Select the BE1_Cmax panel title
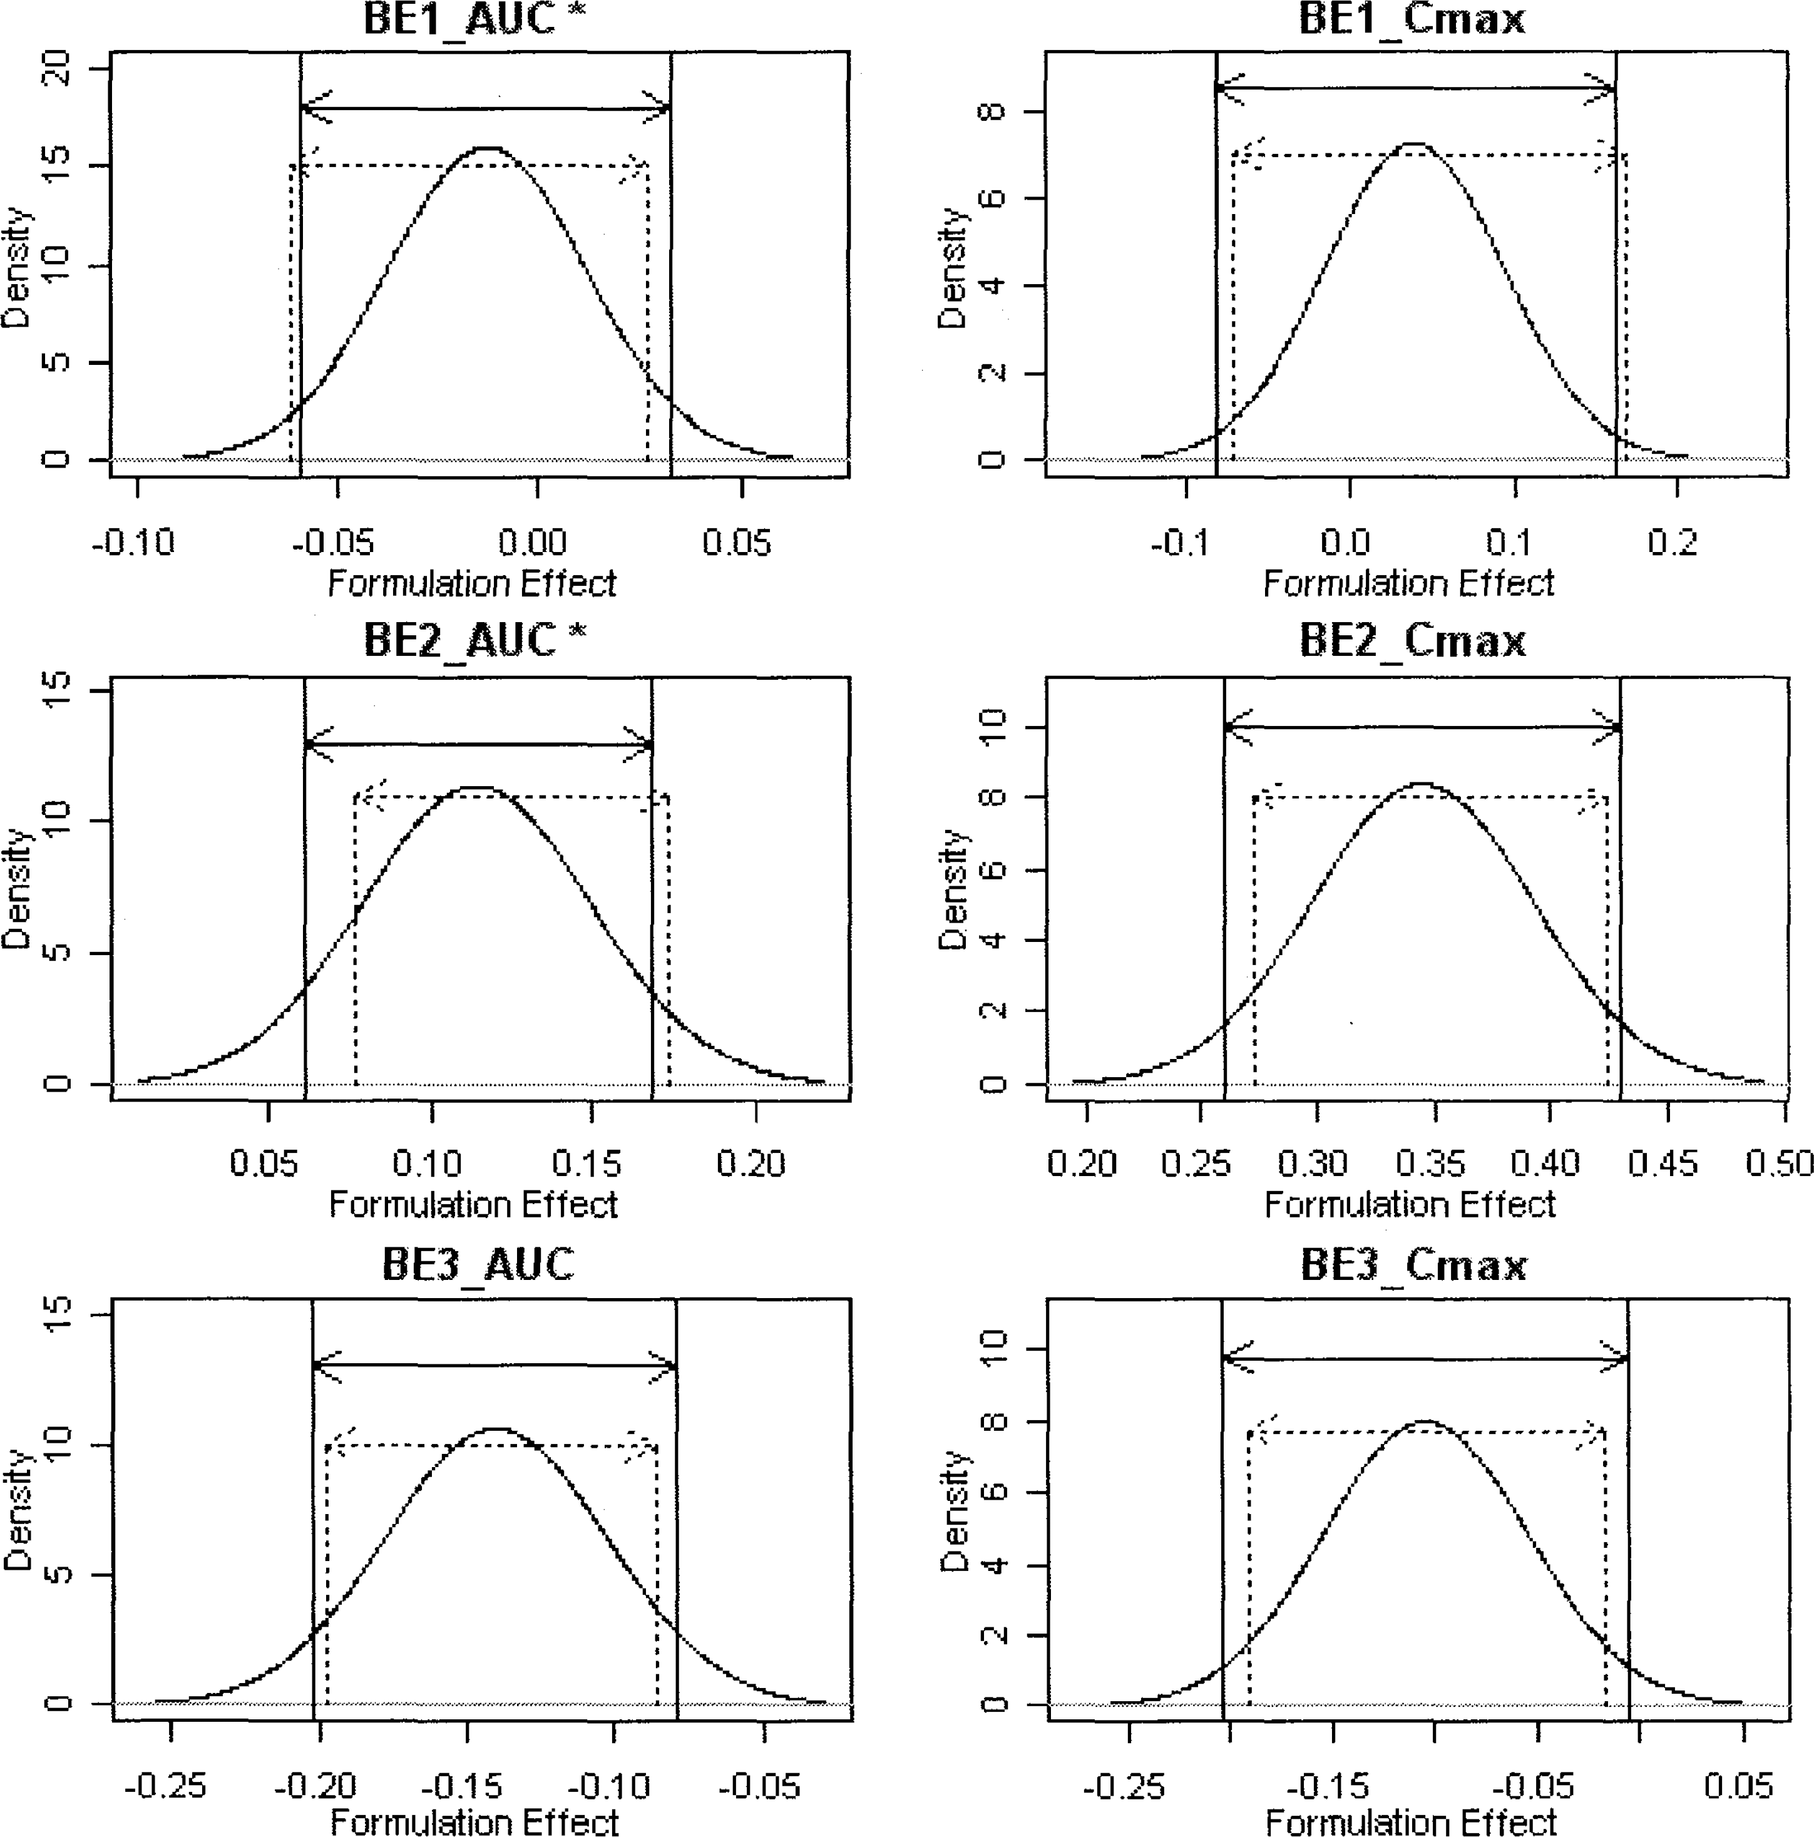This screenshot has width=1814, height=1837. point(1412,19)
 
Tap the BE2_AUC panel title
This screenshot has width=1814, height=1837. point(459,640)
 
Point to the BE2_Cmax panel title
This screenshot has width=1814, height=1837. point(1412,640)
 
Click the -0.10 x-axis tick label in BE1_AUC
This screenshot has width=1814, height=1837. point(133,543)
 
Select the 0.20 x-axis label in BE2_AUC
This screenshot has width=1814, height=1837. point(750,1163)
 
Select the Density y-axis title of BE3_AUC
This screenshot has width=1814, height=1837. point(17,1510)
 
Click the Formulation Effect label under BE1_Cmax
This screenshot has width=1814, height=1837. point(1408,583)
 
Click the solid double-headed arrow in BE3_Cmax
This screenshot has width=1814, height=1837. point(1424,1358)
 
